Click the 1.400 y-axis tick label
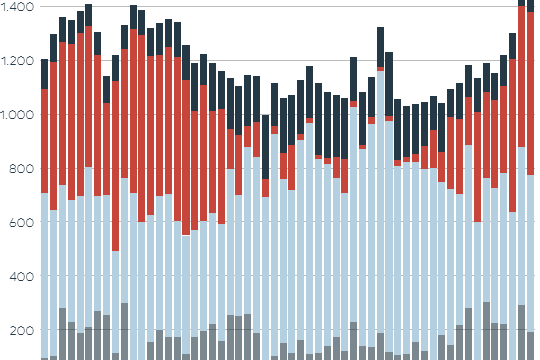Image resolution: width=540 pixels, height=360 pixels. pos(17,7)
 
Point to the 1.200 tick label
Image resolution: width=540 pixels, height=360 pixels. pos(17,61)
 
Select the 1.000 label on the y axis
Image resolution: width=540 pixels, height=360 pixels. pos(17,115)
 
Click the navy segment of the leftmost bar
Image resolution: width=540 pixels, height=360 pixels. pos(44,74)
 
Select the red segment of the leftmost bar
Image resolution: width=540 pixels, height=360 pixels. pos(44,141)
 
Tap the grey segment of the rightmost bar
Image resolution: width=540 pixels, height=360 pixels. pos(531,346)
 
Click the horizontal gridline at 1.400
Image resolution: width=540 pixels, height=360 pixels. pos(300,7)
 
